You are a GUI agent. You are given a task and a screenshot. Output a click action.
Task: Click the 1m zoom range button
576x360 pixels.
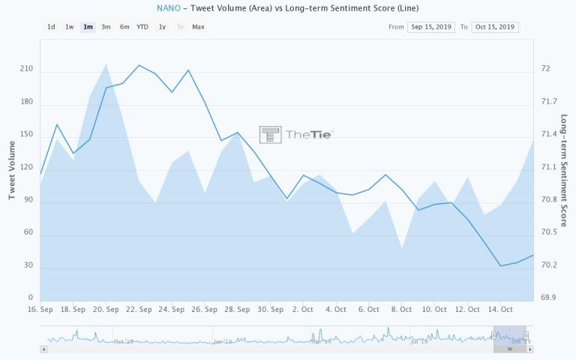coord(88,27)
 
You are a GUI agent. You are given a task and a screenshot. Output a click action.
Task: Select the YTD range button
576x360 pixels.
coord(142,27)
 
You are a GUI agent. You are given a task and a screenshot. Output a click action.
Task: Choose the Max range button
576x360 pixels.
coord(198,27)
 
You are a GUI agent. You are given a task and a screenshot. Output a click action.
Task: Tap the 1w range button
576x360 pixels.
coord(70,27)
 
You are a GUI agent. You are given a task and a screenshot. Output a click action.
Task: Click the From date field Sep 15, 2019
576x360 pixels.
coord(431,27)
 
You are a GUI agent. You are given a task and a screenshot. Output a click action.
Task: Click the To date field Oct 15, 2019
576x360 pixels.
coord(495,27)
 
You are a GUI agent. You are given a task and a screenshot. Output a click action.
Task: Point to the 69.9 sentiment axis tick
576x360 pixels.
coord(549,298)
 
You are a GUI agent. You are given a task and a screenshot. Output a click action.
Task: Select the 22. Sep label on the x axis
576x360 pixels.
coord(139,309)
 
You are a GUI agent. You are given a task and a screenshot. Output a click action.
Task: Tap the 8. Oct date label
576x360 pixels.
coord(401,309)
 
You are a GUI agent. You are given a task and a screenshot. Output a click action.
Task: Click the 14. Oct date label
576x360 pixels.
coord(500,309)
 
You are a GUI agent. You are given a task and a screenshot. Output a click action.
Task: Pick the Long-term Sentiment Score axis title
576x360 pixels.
coord(564,170)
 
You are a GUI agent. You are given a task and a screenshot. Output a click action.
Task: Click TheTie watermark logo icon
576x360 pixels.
coord(270,135)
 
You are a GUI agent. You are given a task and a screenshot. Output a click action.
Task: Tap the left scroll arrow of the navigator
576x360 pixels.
coord(43,349)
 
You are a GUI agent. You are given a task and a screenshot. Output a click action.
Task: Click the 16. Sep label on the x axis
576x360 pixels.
coord(40,309)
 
